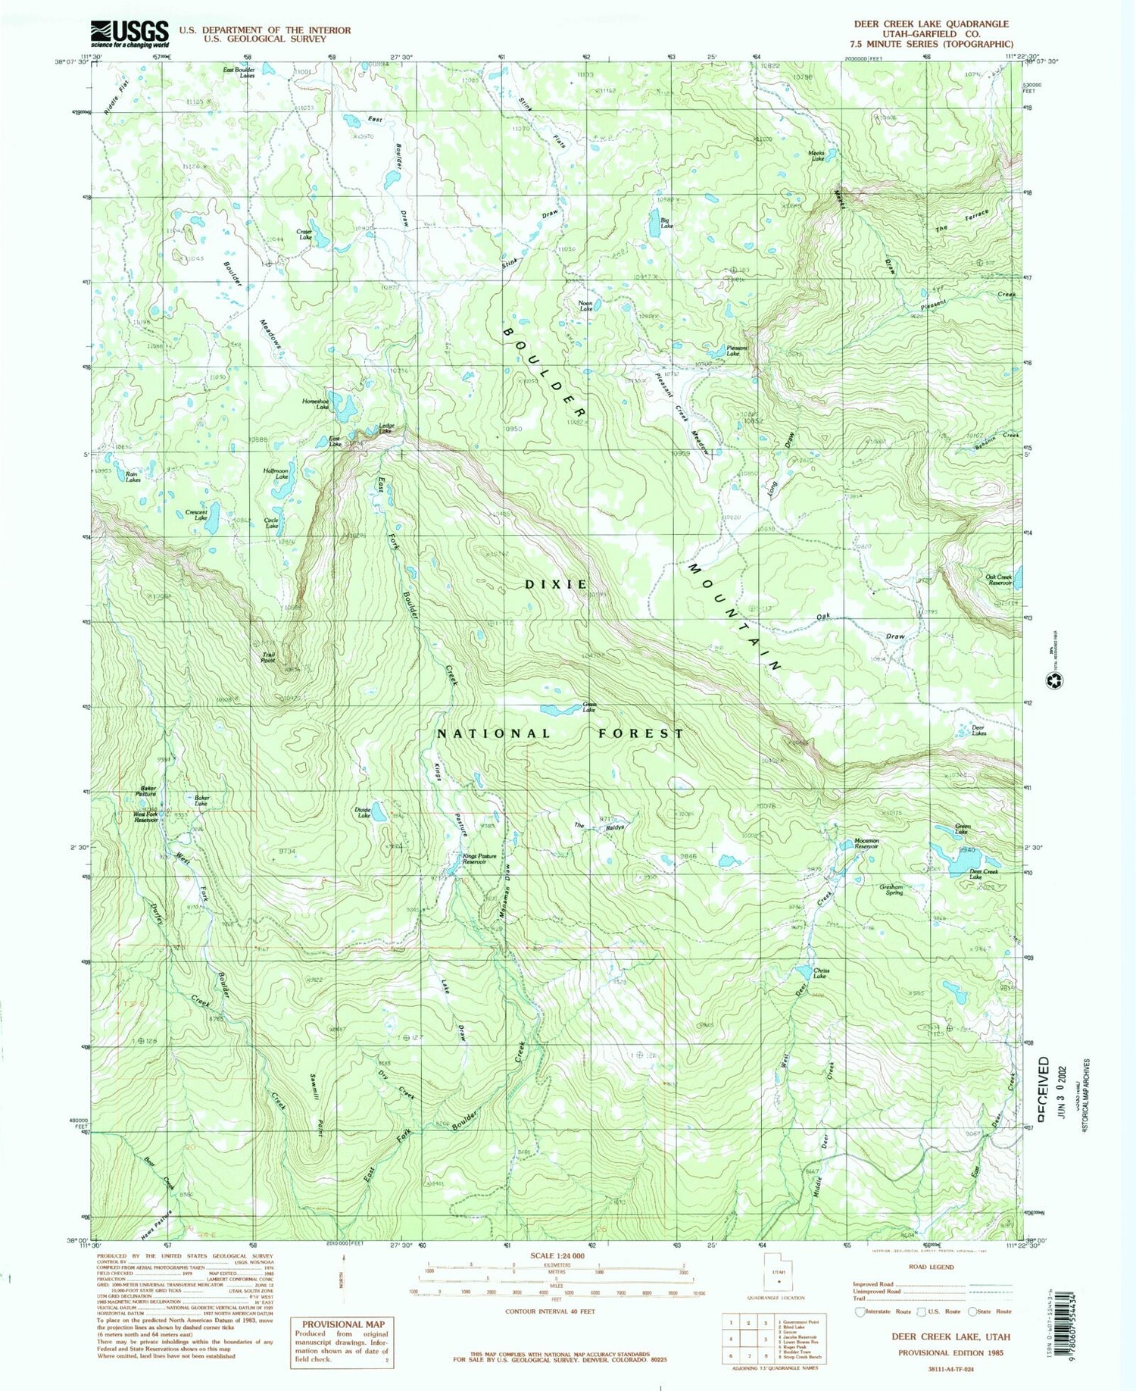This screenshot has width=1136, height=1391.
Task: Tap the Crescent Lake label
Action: point(197,515)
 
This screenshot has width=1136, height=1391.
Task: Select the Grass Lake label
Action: point(588,707)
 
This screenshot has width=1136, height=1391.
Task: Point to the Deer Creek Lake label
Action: point(984,874)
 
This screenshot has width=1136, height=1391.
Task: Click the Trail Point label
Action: point(268,658)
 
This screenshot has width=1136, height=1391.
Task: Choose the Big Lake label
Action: point(666,223)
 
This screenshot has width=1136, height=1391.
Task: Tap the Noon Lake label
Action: point(585,306)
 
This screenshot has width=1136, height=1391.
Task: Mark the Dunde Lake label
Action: point(363,812)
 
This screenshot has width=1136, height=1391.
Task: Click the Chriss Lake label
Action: point(821,974)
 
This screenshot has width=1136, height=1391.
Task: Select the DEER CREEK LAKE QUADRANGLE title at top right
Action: point(931,24)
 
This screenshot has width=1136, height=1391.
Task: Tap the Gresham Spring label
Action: point(891,889)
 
